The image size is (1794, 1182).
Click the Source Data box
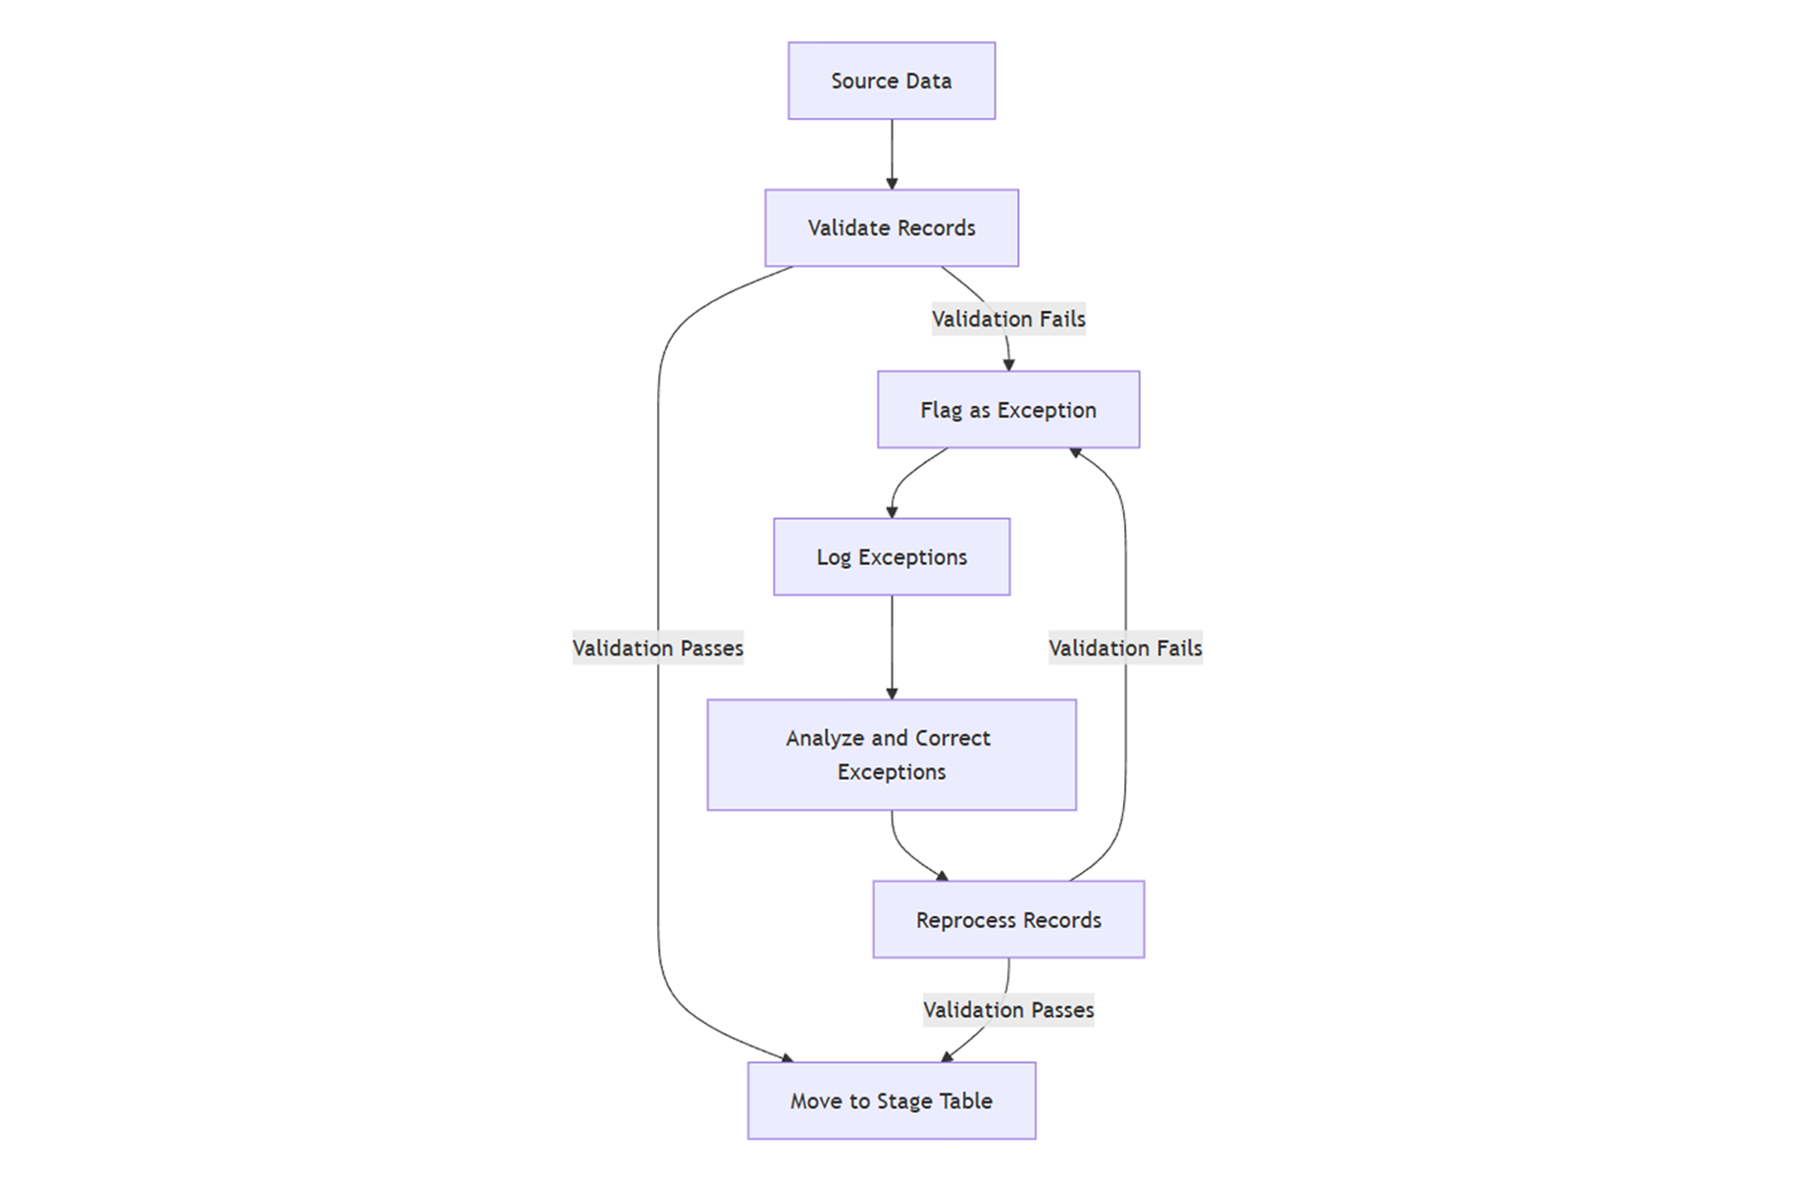click(891, 80)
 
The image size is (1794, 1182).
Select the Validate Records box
click(891, 228)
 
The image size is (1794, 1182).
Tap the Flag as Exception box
click(1007, 410)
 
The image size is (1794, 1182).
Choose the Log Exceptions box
click(891, 557)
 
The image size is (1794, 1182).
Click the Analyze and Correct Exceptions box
click(891, 754)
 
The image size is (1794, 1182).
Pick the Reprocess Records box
click(1007, 920)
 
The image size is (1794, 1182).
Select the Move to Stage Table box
click(891, 1101)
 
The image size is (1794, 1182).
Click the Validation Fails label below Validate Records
click(1007, 319)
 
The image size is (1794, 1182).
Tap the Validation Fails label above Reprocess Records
click(1124, 647)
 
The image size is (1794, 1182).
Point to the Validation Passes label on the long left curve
click(657, 647)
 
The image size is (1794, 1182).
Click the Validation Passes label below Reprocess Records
click(1007, 1009)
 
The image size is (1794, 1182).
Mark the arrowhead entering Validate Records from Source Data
click(892, 183)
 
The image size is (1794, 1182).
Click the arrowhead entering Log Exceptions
click(892, 511)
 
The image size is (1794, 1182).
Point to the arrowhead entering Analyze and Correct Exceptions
click(892, 694)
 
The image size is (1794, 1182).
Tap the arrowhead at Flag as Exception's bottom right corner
click(1076, 452)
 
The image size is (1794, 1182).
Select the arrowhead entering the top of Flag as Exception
click(1008, 365)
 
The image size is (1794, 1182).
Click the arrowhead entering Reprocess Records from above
click(944, 875)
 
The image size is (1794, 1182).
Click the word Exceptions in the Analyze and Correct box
click(891, 772)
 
